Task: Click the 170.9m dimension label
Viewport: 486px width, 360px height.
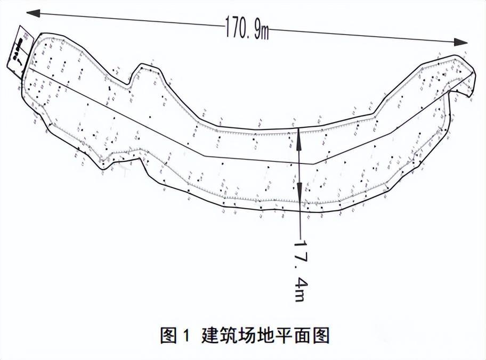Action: tap(246, 31)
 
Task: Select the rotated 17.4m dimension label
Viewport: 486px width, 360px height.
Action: tap(302, 272)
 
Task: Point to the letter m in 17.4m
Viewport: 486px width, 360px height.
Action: tap(302, 294)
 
